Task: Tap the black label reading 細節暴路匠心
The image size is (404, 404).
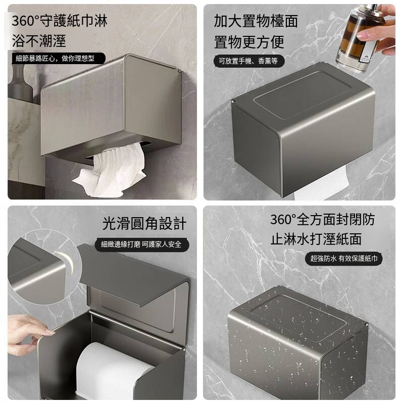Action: tap(55, 58)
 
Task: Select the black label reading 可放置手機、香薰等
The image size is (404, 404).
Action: tap(249, 62)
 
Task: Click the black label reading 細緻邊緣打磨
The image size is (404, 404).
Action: tap(141, 244)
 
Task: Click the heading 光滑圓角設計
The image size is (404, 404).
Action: tap(144, 223)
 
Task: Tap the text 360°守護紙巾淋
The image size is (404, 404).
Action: tap(60, 21)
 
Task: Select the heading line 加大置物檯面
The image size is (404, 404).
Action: tap(256, 21)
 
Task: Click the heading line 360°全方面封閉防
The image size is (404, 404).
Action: tap(322, 220)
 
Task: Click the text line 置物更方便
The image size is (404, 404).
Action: tap(249, 41)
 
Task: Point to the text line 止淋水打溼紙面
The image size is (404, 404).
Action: tap(316, 239)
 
